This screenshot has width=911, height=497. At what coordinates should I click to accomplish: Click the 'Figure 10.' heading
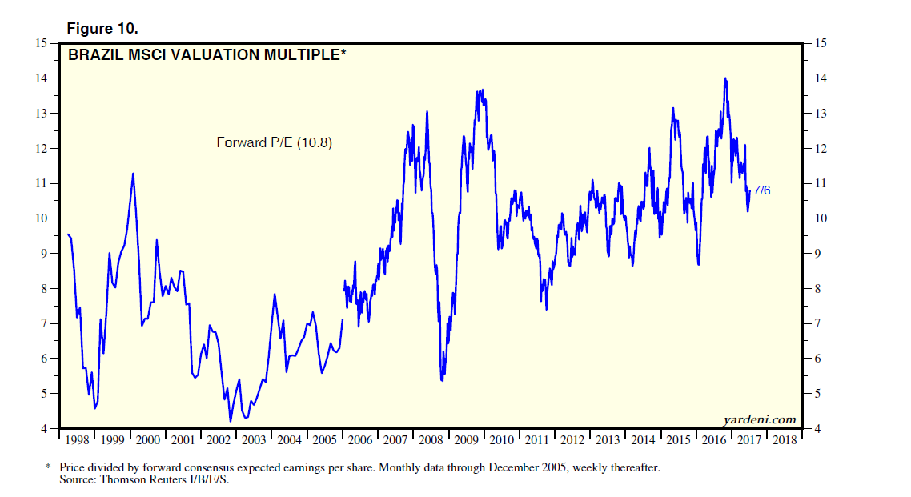click(x=102, y=28)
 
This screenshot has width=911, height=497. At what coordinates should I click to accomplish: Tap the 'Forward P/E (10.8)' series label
click(x=274, y=143)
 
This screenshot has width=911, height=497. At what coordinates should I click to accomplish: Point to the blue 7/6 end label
click(x=761, y=190)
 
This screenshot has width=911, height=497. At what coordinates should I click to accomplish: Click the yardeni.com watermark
click(x=759, y=419)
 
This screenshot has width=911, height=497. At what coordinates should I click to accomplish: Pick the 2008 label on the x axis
click(x=430, y=440)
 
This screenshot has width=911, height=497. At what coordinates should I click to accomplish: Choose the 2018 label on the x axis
click(x=784, y=440)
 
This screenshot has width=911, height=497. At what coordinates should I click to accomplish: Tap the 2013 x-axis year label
click(x=607, y=440)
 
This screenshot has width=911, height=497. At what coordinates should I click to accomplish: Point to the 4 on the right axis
click(x=817, y=429)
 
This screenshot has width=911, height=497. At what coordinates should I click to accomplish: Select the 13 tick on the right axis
click(x=819, y=113)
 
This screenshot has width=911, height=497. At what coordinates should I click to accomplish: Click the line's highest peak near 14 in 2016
click(x=725, y=78)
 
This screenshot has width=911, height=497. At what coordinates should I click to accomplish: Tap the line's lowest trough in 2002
click(x=231, y=421)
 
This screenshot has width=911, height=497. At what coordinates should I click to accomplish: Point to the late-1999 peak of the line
click(x=133, y=173)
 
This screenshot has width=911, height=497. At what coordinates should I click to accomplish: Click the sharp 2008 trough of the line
click(x=442, y=379)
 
